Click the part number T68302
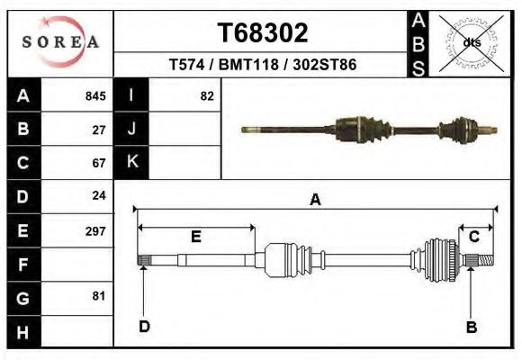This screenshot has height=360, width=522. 263,33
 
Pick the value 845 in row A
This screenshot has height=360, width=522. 95,96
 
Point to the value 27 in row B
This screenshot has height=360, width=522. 99,130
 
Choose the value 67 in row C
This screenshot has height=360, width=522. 99,163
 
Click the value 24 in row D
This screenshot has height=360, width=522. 99,195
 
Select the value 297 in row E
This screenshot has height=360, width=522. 95,230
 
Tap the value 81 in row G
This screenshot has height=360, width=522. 99,296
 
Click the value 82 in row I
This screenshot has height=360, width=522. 207,96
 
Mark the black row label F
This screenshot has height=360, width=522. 23,265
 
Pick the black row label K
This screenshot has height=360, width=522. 132,162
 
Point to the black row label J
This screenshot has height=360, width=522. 132,129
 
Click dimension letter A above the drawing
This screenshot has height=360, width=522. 315,200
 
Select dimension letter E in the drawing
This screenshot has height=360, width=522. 195,237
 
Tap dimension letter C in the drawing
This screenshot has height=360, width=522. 473,236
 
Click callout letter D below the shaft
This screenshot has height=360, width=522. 144,327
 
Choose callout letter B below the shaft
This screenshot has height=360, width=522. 471,327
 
